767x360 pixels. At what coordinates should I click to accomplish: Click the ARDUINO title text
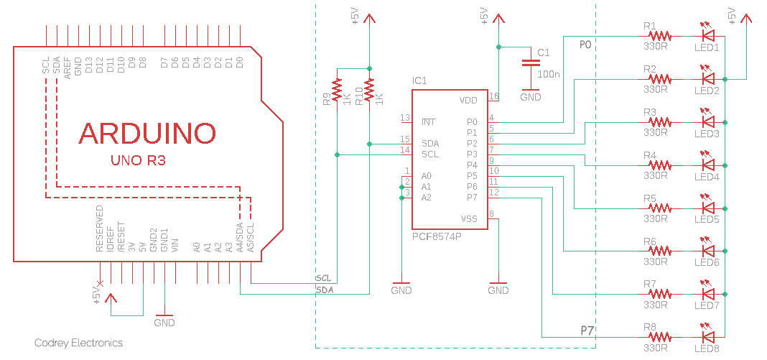[x=147, y=134]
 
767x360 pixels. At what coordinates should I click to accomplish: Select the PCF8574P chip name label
[x=437, y=236]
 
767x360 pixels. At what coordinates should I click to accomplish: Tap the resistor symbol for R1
[x=659, y=35]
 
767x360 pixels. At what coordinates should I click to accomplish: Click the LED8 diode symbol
[x=708, y=336]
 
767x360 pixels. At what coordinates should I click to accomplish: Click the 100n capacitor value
[x=549, y=74]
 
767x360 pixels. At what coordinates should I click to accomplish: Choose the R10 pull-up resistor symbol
[x=369, y=91]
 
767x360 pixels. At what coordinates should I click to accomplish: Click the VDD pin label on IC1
[x=468, y=100]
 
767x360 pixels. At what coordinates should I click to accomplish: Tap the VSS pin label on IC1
[x=468, y=218]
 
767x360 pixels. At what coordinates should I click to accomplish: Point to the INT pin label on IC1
[x=429, y=122]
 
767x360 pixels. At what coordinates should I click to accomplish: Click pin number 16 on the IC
[x=493, y=96]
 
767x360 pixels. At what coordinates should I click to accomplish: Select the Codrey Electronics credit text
[x=78, y=343]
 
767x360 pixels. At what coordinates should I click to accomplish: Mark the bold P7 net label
[x=587, y=331]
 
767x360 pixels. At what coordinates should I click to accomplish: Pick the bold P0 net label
[x=585, y=45]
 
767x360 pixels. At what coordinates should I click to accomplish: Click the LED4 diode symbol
[x=708, y=165]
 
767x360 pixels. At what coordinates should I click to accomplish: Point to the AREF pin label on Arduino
[x=68, y=65]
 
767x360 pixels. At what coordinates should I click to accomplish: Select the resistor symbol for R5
[x=659, y=208]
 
